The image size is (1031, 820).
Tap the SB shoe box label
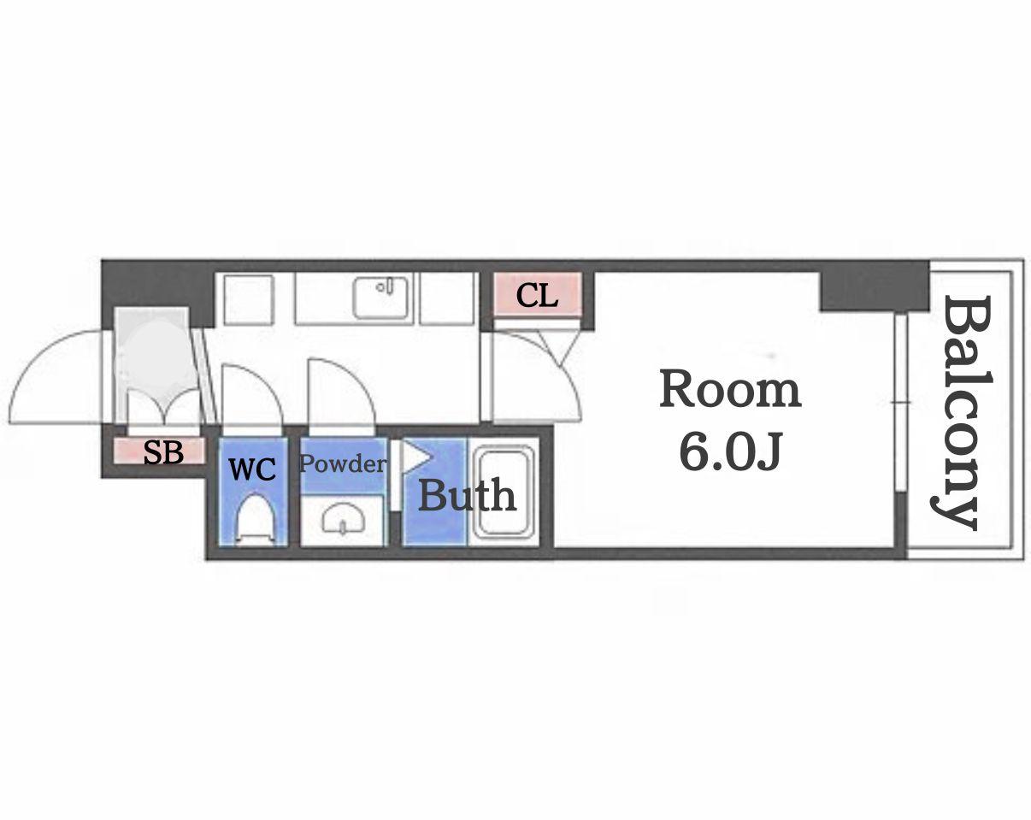163,452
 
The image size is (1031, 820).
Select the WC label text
252,469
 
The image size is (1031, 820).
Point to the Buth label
467,494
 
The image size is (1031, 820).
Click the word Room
730,390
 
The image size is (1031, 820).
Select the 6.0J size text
731,451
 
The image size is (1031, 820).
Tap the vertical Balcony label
962,413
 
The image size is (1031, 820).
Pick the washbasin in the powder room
343,519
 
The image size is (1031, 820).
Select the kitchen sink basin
381,298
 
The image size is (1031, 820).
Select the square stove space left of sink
249,298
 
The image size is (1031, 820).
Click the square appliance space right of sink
446,298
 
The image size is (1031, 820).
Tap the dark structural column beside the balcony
875,286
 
